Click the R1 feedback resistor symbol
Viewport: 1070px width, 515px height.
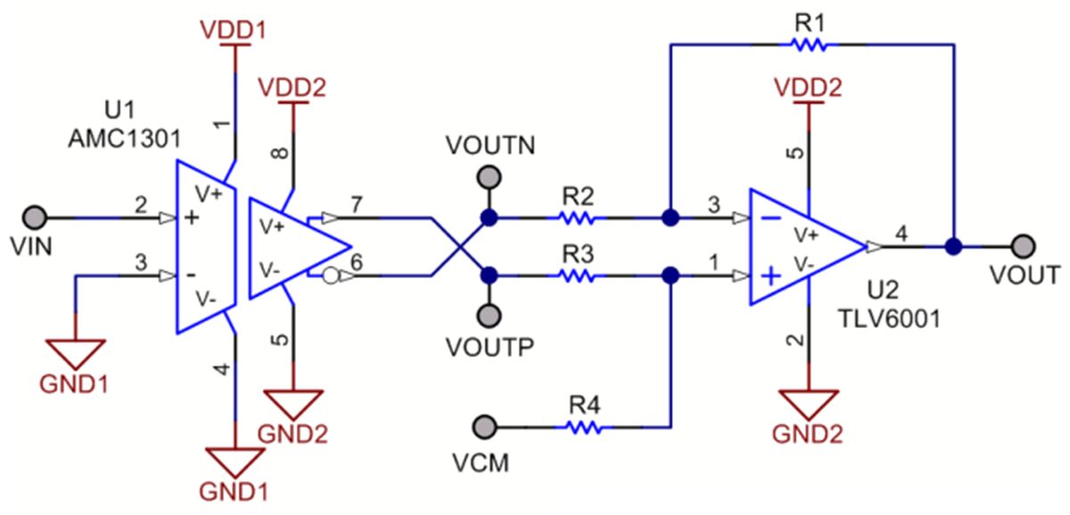coord(809,45)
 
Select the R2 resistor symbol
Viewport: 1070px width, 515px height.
coord(576,217)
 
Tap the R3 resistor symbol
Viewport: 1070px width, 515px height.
coord(576,276)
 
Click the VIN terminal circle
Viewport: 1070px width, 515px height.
coord(35,217)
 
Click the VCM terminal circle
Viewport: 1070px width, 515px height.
coord(485,426)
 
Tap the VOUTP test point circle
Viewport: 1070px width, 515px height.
coord(488,315)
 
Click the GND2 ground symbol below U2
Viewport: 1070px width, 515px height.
coord(809,405)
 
